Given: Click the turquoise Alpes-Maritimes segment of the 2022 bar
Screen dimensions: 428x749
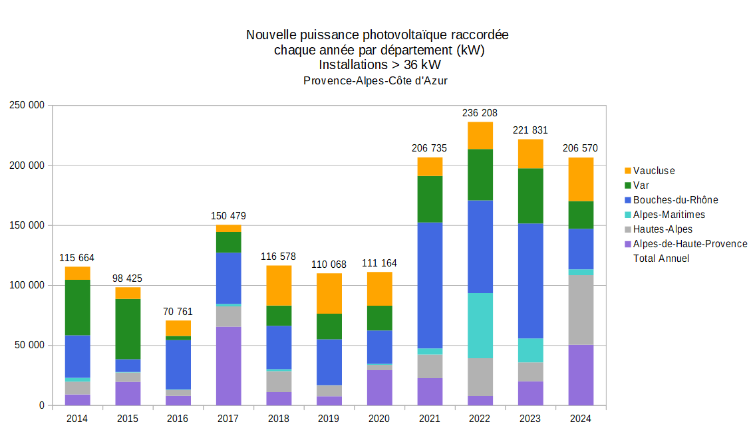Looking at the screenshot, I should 480,326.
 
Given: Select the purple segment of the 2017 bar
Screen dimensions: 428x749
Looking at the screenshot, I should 228,366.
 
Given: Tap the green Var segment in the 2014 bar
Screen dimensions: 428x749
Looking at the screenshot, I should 77,307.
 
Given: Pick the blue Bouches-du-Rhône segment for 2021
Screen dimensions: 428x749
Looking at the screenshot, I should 430,285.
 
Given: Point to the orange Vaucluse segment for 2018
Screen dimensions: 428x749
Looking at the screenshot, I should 279,285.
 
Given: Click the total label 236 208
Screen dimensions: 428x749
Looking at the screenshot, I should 480,113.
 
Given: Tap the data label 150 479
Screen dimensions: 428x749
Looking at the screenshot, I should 228,215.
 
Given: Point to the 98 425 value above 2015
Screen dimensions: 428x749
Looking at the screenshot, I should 127,278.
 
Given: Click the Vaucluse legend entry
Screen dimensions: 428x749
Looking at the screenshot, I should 653,171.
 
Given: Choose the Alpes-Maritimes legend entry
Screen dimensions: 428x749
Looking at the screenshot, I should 669,215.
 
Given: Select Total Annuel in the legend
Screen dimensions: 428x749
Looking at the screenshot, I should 661,259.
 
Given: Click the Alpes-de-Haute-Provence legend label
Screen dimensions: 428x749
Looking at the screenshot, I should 690,244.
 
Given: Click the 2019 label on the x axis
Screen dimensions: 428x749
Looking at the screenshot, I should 329,419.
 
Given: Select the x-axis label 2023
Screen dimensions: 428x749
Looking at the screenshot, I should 530,419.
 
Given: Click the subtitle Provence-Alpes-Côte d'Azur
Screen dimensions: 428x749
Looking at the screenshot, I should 376,80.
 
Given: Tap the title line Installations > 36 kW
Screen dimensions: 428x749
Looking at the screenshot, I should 380,65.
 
